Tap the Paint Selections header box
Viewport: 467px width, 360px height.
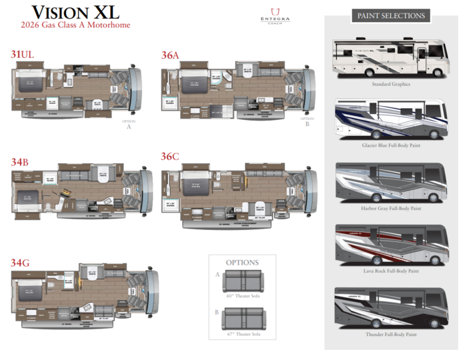pos(390,15)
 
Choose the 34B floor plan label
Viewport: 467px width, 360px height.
pos(19,161)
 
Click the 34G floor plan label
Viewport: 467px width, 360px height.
pos(20,263)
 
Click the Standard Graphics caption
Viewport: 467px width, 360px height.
pos(391,85)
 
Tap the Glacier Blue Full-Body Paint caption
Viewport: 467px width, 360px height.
pos(391,146)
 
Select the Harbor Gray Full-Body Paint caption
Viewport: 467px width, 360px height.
pos(391,209)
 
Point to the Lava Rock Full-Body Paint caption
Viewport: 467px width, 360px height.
pos(391,271)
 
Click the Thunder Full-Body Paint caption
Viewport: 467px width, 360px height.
pos(391,334)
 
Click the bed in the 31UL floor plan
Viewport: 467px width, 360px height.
pos(28,85)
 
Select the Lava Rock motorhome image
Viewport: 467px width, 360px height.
pos(391,245)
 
